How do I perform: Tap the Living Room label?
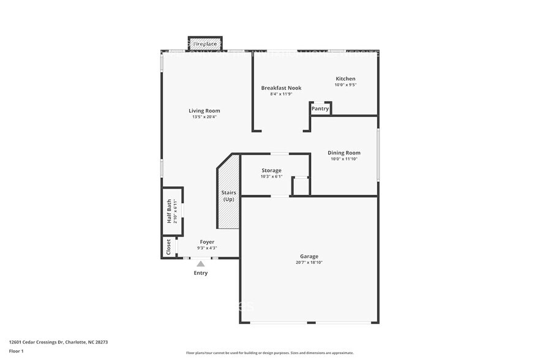click(x=204, y=111)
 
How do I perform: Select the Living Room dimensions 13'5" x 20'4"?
click(x=204, y=117)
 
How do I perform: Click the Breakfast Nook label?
click(x=281, y=88)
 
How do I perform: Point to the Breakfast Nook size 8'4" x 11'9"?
click(x=281, y=94)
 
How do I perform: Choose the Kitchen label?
click(x=345, y=79)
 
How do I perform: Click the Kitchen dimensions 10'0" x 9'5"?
click(x=345, y=85)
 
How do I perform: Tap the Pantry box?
click(x=320, y=108)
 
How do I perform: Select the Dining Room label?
click(x=343, y=153)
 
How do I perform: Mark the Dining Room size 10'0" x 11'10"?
click(x=343, y=159)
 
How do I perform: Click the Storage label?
click(x=271, y=170)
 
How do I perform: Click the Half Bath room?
click(x=171, y=211)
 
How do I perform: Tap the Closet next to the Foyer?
click(x=168, y=247)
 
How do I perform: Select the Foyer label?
click(x=207, y=242)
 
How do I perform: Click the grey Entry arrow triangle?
click(x=200, y=264)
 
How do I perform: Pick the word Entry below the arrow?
click(x=201, y=273)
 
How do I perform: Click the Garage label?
click(x=309, y=257)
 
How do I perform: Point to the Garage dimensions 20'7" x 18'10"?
click(x=309, y=263)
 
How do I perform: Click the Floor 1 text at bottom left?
click(x=17, y=351)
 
